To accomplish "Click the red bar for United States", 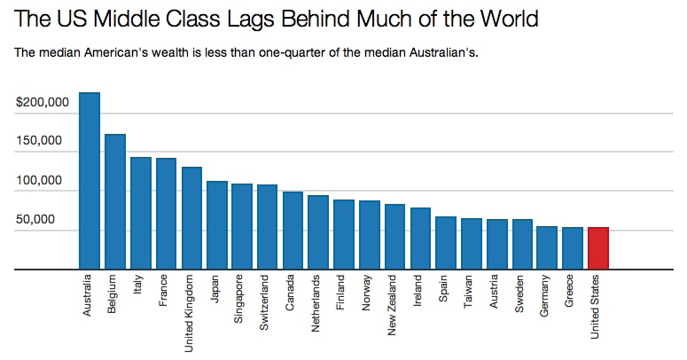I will click(598, 247).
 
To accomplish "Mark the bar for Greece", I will click(573, 247).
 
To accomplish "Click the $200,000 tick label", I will click(43, 103).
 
